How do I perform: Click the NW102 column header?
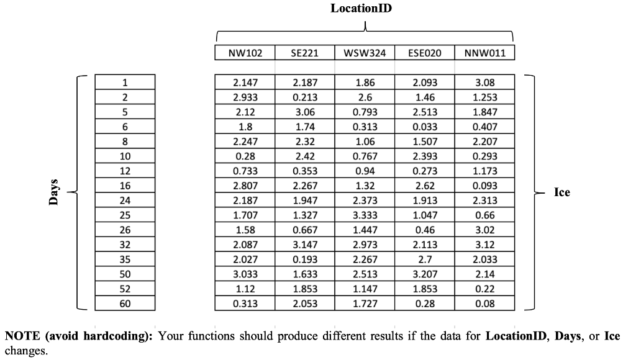[245, 53]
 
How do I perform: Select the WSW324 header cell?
[365, 53]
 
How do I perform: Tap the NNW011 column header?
[485, 53]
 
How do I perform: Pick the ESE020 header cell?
[425, 53]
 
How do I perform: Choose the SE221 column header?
[304, 53]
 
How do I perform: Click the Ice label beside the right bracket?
[561, 192]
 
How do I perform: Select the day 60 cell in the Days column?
[125, 304]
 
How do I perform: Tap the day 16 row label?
[125, 186]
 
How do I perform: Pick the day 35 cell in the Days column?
[125, 259]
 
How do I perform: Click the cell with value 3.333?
[365, 215]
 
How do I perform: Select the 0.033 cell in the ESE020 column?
[425, 127]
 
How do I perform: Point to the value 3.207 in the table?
[425, 274]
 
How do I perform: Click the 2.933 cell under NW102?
[245, 97]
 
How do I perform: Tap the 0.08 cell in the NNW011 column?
[485, 304]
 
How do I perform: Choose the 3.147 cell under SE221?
[304, 245]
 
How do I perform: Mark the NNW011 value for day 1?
[485, 83]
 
